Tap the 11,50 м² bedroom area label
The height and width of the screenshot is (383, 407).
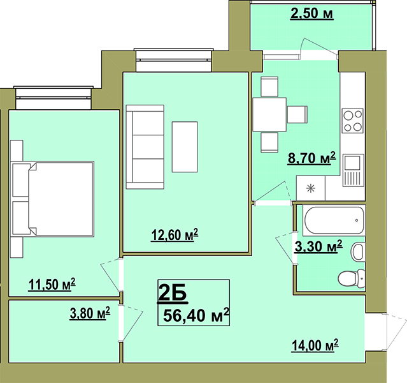[x=52, y=284]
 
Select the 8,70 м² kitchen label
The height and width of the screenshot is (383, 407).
[x=311, y=158]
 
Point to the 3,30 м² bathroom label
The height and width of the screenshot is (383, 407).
[x=318, y=246]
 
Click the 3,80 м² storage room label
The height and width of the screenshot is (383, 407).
[x=90, y=313]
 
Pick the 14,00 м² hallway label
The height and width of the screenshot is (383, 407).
[x=315, y=345]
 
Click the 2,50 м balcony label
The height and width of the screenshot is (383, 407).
[x=311, y=13]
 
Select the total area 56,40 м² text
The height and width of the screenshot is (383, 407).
[x=196, y=315]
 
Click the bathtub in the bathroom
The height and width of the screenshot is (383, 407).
[x=334, y=220]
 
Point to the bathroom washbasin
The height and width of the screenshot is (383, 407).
[x=358, y=252]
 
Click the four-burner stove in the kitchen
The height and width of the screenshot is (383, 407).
[x=352, y=121]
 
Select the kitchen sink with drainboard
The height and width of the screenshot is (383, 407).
[x=353, y=170]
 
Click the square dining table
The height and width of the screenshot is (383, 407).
[x=269, y=114]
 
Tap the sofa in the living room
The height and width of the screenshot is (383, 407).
[x=145, y=147]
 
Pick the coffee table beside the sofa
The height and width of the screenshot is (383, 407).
[x=185, y=147]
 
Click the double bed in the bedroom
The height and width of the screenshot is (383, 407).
[x=52, y=199]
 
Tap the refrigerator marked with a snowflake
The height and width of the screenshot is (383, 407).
[x=311, y=188]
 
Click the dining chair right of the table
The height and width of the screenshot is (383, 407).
[x=297, y=114]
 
